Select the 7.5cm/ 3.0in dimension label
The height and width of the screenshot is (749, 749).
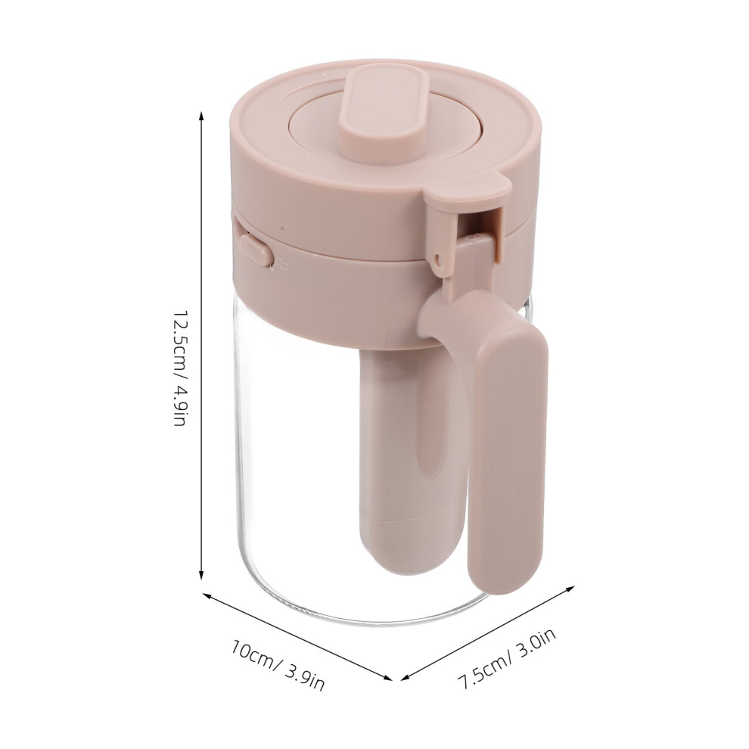507,660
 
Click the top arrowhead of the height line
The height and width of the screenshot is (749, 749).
201,115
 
